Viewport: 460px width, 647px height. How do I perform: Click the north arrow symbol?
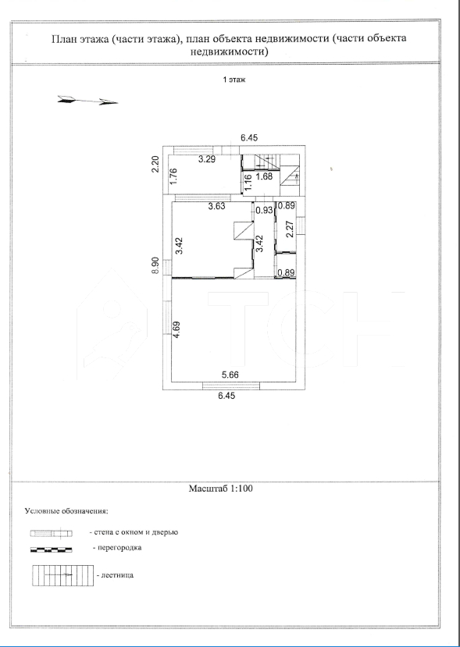87,100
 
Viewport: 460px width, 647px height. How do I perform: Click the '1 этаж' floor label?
234,80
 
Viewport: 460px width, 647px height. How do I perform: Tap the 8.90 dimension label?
155,265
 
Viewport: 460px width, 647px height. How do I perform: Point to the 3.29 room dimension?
206,159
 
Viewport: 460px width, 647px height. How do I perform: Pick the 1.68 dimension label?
264,177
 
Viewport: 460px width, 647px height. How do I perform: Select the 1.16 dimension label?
248,183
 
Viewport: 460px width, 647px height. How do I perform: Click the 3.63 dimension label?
217,206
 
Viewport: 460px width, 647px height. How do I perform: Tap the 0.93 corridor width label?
264,210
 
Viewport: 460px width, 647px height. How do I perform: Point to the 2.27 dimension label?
290,229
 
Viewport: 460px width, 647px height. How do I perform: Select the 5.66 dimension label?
230,375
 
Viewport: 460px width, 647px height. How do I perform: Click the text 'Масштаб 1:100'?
220,489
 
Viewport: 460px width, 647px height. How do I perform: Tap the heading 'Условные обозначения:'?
66,511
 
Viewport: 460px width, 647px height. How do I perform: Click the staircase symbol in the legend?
63,575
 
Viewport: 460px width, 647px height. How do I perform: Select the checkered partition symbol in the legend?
52,549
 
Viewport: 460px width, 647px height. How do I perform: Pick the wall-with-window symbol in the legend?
52,534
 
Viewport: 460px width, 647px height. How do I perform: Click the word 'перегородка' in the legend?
119,548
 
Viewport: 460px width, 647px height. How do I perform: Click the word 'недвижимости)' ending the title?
230,52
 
